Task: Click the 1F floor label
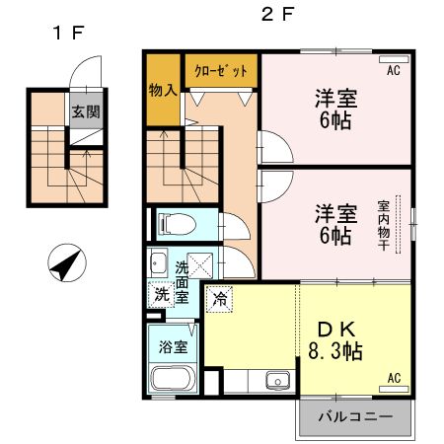(x=68, y=34)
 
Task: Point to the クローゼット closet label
(x=221, y=71)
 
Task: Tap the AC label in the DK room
(x=394, y=378)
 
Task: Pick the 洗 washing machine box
(x=160, y=294)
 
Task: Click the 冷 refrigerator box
(x=218, y=296)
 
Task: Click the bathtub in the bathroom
(x=174, y=380)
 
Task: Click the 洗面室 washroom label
(x=182, y=281)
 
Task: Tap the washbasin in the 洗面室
(x=158, y=262)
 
